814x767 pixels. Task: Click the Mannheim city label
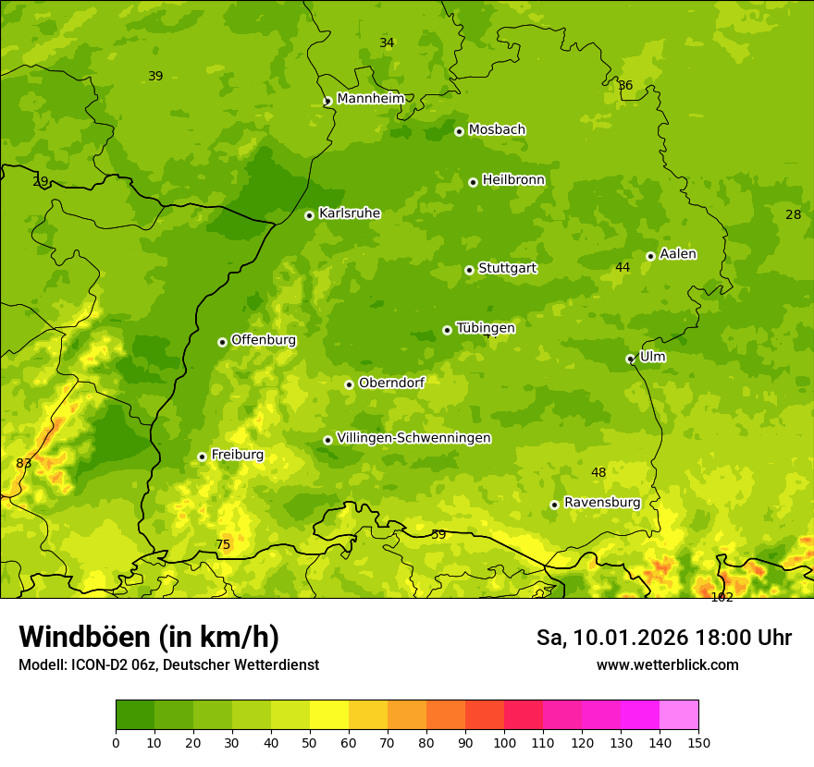click(x=371, y=99)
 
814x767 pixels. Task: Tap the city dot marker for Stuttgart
click(x=469, y=270)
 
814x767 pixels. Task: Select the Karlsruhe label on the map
click(x=350, y=213)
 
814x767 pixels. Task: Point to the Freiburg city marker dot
click(x=202, y=457)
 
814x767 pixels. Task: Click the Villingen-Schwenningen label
click(x=413, y=438)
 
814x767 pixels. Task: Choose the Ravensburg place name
click(x=602, y=503)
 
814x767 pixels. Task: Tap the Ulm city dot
click(x=630, y=359)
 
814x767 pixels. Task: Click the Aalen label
click(x=678, y=254)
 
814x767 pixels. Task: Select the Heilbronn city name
click(x=513, y=180)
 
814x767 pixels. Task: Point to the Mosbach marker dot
click(x=459, y=131)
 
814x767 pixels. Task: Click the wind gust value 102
click(x=721, y=597)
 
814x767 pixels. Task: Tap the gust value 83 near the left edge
click(x=24, y=463)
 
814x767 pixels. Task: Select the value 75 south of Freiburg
click(x=223, y=545)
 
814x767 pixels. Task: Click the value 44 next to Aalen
click(x=623, y=267)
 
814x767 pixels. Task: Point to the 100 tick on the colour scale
click(x=504, y=742)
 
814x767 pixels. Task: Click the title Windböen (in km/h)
click(x=149, y=637)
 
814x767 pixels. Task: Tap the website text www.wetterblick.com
click(x=667, y=664)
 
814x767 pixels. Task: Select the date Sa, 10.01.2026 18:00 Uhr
click(x=663, y=638)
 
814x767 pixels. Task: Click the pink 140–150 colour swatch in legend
click(x=679, y=714)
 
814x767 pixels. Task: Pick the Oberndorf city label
click(x=391, y=383)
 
